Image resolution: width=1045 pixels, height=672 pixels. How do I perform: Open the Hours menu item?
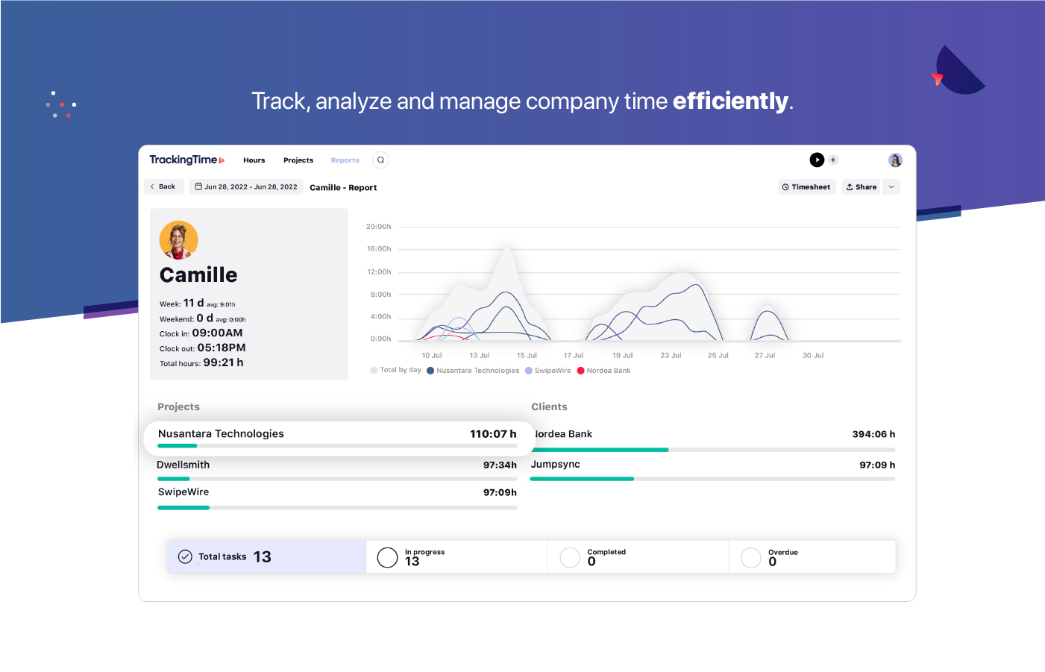(x=254, y=160)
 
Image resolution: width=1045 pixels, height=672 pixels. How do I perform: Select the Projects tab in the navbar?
(x=298, y=160)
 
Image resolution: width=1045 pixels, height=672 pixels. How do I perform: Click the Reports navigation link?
(x=345, y=160)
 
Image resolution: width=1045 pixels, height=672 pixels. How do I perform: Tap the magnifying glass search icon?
(x=380, y=160)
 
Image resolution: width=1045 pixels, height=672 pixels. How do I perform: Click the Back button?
(x=163, y=186)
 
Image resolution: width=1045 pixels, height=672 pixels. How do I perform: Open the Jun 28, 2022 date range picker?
(x=246, y=186)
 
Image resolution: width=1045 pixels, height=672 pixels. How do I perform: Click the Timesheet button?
(x=806, y=187)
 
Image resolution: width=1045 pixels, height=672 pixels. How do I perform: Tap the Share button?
(x=861, y=187)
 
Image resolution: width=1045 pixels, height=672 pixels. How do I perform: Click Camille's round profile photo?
(x=178, y=239)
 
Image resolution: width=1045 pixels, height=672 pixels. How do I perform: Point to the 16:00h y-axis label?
(x=378, y=249)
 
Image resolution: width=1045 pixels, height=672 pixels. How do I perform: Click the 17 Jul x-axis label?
(x=573, y=356)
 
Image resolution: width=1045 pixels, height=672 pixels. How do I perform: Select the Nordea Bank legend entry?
(x=608, y=371)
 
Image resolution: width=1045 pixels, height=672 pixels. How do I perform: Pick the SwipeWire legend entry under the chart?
(x=552, y=371)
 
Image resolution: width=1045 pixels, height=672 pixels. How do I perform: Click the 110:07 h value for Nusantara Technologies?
(x=493, y=434)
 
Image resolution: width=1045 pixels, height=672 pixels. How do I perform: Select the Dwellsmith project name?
(x=183, y=465)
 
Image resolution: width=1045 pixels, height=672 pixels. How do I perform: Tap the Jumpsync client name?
(x=555, y=465)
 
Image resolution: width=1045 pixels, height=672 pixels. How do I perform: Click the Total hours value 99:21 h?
(x=223, y=362)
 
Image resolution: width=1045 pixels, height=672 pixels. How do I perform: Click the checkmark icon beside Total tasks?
(x=185, y=556)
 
